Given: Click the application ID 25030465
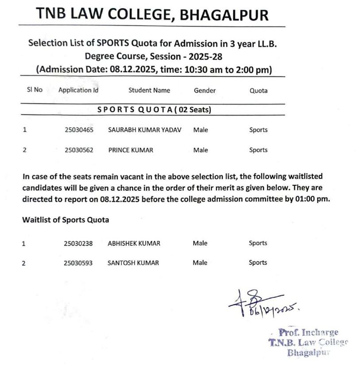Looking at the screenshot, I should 79,130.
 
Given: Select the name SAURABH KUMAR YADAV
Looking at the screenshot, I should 145,130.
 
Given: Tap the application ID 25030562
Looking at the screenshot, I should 79,150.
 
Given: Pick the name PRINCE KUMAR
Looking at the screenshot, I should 131,150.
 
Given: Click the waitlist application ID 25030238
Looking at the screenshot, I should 78,243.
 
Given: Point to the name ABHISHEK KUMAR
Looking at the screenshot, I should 134,243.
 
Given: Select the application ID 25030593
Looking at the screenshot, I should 78,263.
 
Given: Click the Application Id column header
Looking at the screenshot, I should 78,90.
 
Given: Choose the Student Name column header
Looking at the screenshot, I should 149,90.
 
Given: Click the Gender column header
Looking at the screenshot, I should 205,90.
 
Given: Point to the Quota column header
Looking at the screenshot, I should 259,90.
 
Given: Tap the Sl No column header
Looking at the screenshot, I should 35,90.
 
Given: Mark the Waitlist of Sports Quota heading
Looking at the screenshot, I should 66,220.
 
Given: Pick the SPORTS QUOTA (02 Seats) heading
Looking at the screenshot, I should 154,110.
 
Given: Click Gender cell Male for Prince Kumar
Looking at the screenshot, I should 201,150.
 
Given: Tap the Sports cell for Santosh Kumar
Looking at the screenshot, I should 258,263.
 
